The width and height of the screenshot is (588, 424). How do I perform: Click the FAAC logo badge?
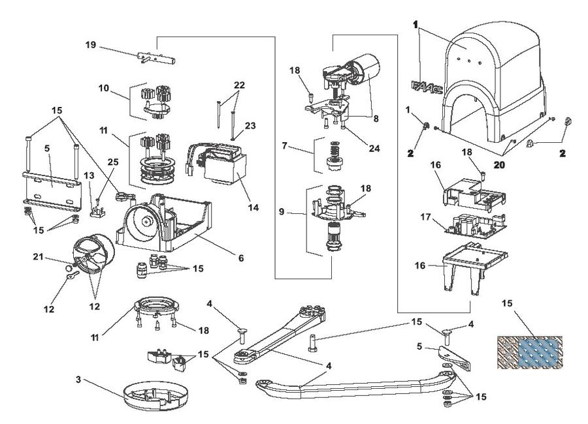427,87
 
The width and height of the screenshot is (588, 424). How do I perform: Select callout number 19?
91,45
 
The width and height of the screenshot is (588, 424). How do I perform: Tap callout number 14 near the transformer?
253,207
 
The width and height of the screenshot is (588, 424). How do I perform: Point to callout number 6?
240,258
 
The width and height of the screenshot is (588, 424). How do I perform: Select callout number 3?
78,380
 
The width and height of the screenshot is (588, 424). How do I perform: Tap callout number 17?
425,217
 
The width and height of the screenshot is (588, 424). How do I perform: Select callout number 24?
374,148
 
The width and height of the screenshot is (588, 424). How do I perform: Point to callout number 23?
250,125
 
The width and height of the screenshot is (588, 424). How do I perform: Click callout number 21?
39,256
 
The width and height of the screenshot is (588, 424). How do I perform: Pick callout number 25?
113,162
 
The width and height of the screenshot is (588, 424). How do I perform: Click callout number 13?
90,175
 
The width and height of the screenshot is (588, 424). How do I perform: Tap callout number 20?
499,165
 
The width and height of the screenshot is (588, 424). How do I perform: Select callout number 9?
282,211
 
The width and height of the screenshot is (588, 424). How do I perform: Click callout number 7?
285,145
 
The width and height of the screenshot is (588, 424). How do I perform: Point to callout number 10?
104,88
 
